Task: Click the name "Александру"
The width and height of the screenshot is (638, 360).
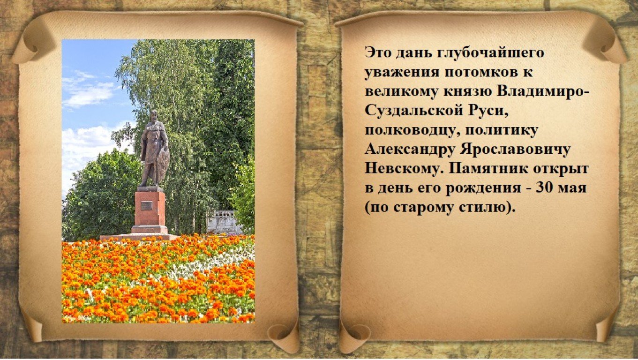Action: [410, 150]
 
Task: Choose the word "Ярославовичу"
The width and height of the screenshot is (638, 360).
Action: [516, 150]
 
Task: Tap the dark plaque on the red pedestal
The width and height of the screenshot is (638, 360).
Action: [146, 206]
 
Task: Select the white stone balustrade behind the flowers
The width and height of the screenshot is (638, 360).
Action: [224, 222]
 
